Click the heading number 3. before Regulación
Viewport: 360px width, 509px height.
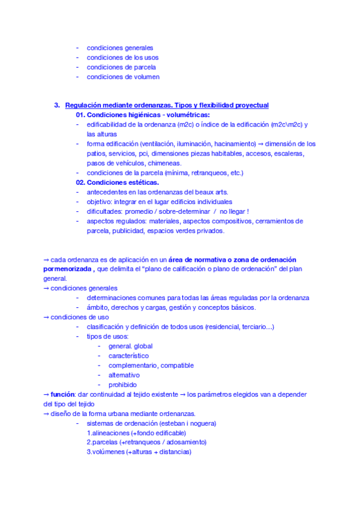(57, 105)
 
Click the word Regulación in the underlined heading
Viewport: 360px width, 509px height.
(83, 105)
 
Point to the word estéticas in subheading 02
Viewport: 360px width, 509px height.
(142, 182)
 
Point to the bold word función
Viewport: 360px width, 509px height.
(62, 394)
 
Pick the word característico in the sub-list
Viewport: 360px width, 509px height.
(128, 356)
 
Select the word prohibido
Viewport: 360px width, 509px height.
(122, 385)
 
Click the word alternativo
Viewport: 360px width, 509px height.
(124, 375)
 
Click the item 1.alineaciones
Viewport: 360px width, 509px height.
(109, 433)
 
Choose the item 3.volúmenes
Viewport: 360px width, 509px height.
(106, 452)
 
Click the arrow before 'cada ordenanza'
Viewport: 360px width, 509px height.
(46, 259)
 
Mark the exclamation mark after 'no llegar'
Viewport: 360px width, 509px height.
(247, 211)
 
